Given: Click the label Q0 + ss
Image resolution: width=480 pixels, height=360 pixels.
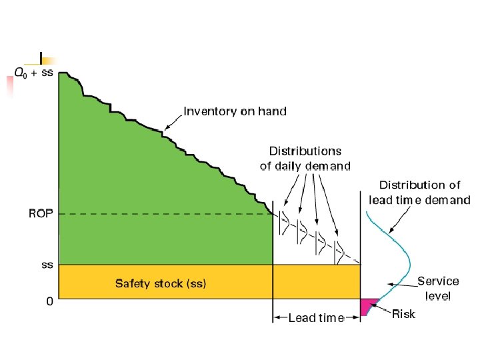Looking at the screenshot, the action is pyautogui.click(x=33, y=72).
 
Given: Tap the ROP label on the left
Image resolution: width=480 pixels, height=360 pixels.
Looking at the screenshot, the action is pyautogui.click(x=41, y=214).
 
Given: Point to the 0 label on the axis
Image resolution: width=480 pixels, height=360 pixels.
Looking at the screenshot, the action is pyautogui.click(x=49, y=301).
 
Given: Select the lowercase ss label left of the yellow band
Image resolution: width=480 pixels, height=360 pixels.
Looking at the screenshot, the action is pyautogui.click(x=47, y=265).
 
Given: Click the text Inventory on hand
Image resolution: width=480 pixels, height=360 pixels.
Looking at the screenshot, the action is pyautogui.click(x=235, y=111).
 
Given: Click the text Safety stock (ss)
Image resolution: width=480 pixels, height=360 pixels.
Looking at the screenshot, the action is pyautogui.click(x=161, y=283).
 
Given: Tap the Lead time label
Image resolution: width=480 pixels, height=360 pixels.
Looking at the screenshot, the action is pyautogui.click(x=316, y=319).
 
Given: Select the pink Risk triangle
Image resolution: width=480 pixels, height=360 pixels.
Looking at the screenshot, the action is pyautogui.click(x=366, y=306).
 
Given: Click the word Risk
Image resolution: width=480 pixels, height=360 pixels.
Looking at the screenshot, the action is pyautogui.click(x=403, y=314).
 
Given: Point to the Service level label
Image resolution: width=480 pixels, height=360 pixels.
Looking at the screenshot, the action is pyautogui.click(x=437, y=288).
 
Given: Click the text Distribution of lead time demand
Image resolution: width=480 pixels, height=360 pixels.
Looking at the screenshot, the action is pyautogui.click(x=419, y=192).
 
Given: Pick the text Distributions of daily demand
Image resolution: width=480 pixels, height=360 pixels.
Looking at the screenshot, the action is pyautogui.click(x=305, y=159).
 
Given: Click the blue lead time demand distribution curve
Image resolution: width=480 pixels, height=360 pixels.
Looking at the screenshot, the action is pyautogui.click(x=404, y=253).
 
